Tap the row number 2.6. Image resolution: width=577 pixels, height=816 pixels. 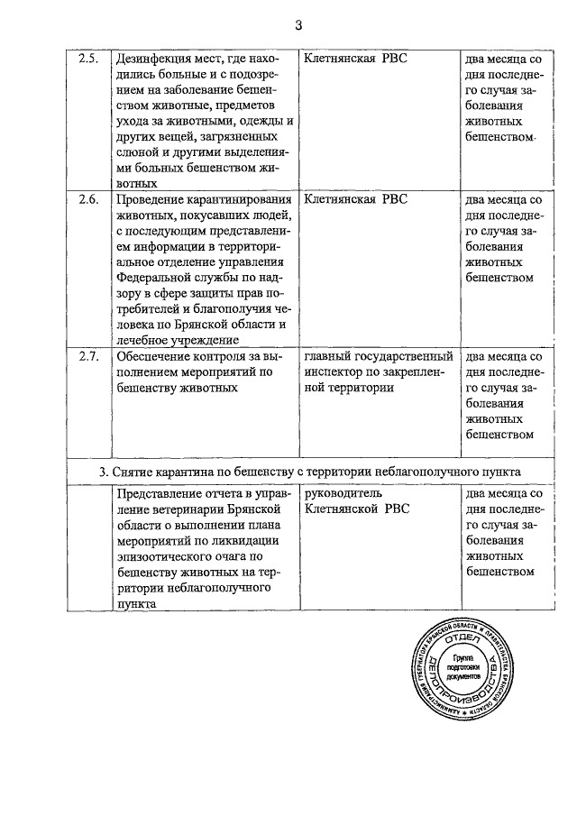(x=87, y=200)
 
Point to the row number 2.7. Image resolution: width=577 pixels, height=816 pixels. (x=87, y=357)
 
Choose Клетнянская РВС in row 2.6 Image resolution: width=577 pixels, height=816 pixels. (x=356, y=200)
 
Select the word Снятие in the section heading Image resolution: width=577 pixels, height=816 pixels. (x=133, y=472)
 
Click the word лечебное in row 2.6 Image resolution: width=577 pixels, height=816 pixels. (x=144, y=340)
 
